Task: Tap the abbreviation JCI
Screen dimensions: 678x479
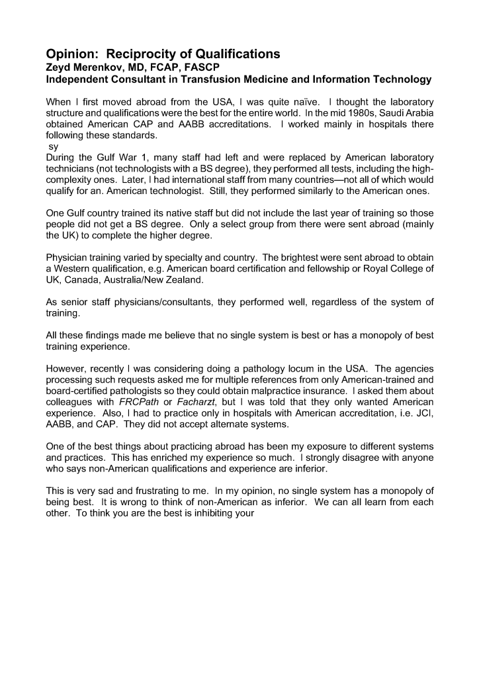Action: tap(423, 414)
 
